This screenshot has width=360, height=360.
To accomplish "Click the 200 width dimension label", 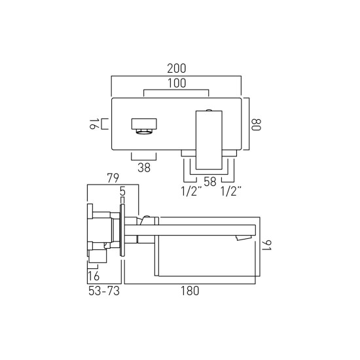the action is tap(176, 69).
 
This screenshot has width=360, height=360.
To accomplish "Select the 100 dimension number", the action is tap(177, 83).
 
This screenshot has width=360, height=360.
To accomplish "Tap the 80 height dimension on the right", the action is tap(256, 124).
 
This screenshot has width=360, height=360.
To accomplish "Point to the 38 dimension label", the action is tap(144, 168).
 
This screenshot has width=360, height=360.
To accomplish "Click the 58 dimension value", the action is tap(210, 181).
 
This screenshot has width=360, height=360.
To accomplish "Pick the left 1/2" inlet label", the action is tap(191, 191).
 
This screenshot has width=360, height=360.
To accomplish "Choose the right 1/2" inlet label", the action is tap(231, 191).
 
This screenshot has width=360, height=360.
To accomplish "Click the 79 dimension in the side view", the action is tap(113, 178).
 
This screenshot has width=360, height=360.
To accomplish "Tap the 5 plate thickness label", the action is tap(122, 191).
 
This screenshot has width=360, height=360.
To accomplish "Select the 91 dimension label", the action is tap(267, 245).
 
